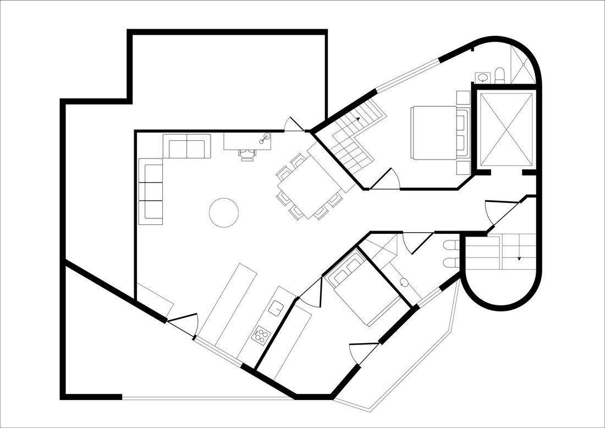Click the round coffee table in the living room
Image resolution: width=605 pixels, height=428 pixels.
point(224,212)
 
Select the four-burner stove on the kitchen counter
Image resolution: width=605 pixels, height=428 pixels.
point(261,334)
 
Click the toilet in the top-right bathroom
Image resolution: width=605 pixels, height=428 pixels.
point(499,74)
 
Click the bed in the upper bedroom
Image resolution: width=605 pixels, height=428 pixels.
point(435,132)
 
